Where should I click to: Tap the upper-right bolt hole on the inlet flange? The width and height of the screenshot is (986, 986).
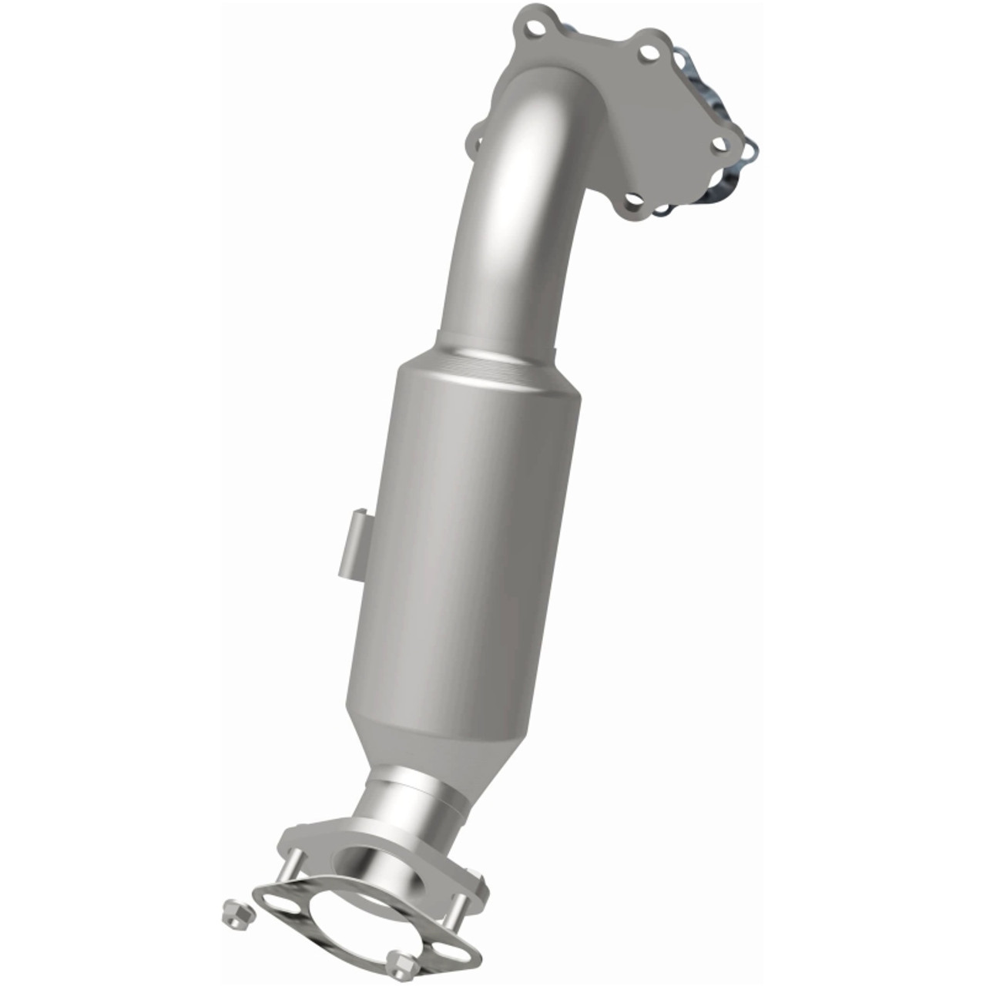[649, 52]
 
